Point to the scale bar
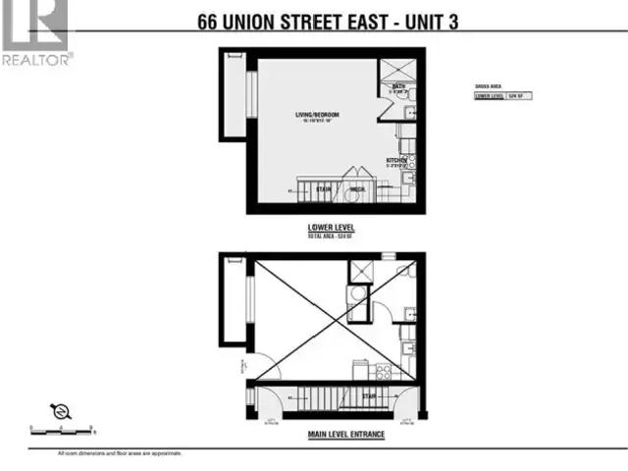point(61,430)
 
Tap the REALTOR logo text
point(37,59)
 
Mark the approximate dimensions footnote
point(120,452)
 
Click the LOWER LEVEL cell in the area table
point(489,96)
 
